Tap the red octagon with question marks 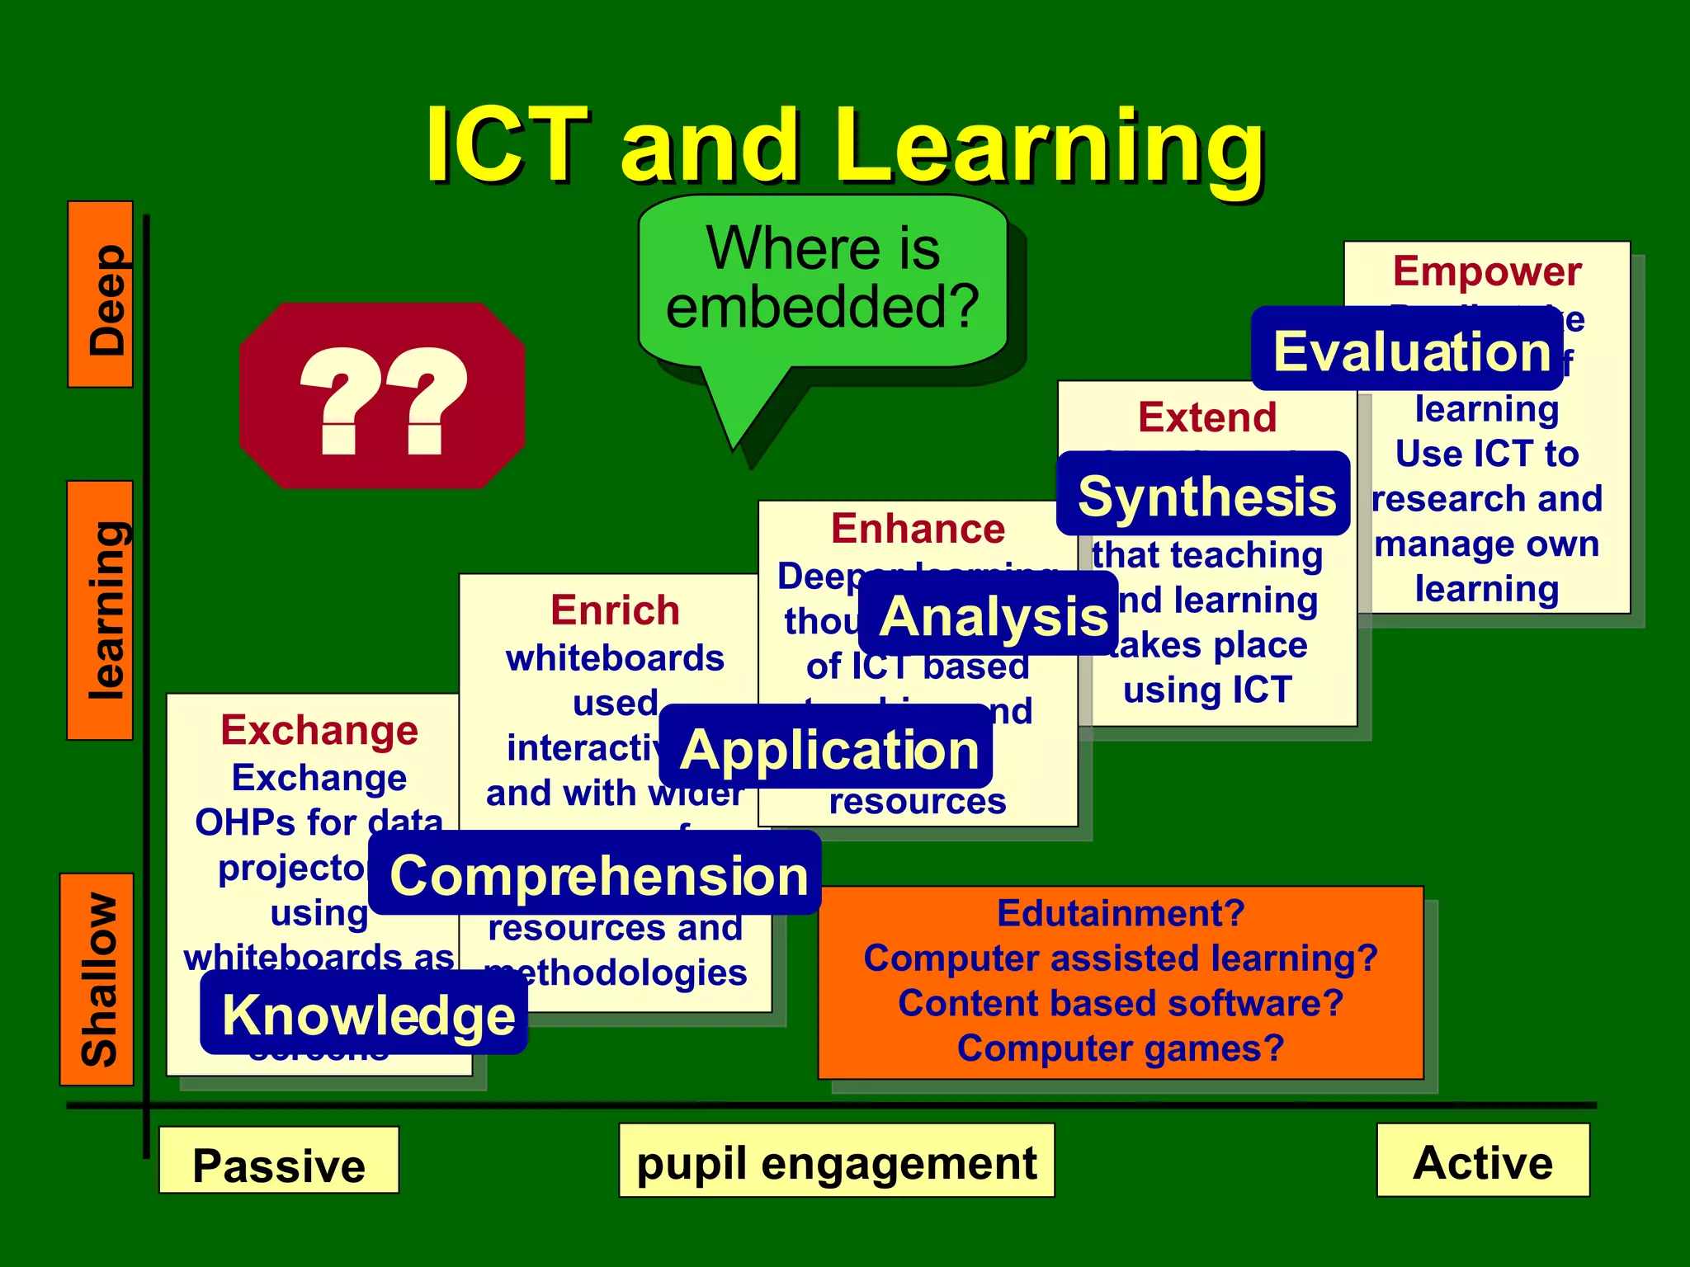382,396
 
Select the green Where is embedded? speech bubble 823,280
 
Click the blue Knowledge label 364,1013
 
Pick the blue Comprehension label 595,874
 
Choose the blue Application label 826,747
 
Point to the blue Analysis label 989,615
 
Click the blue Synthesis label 1203,495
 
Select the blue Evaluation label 1407,350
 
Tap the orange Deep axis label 101,294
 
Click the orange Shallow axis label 97,979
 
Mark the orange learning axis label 101,610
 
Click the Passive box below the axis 279,1161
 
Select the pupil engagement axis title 836,1160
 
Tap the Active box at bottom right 1482,1160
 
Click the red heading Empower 1486,271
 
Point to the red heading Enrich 615,610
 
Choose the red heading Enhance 918,529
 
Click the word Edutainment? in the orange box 1120,913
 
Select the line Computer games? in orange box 1120,1048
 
